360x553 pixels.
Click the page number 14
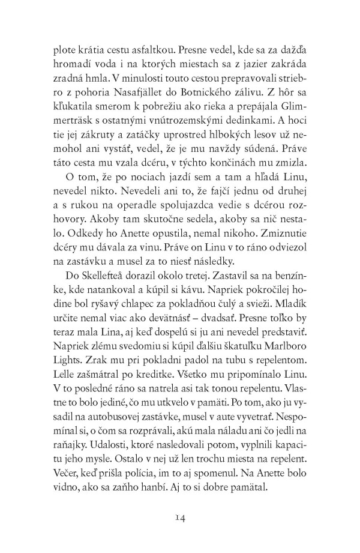pos(181,515)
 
